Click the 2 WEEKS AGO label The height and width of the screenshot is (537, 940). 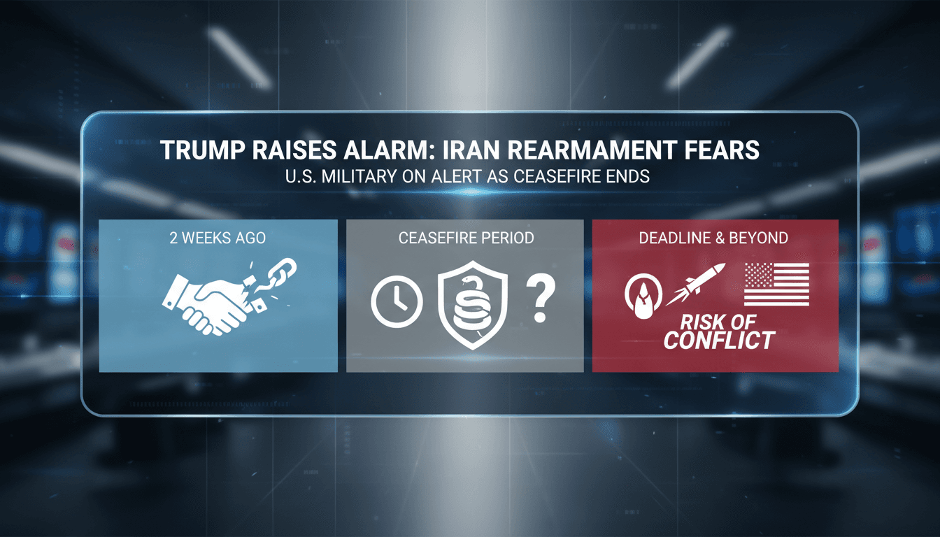[218, 238]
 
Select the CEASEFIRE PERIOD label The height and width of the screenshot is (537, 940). [466, 238]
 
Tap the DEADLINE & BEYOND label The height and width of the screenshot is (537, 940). [713, 238]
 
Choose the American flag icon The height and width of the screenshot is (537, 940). [776, 284]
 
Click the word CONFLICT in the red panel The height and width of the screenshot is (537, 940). [719, 341]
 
